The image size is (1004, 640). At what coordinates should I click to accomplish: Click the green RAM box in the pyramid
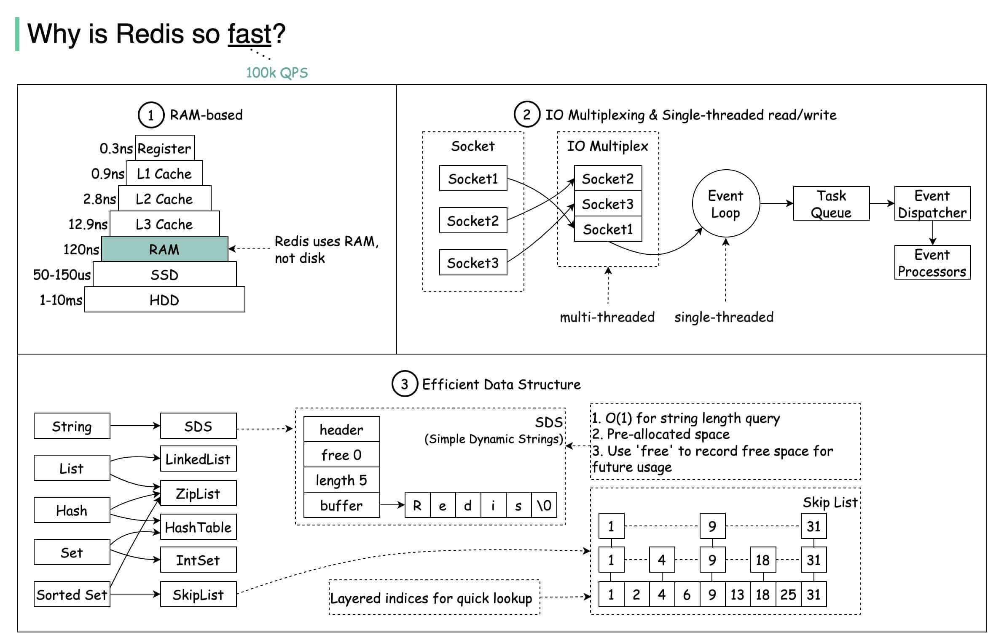click(x=164, y=249)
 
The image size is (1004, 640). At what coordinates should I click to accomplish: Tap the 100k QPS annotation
click(x=277, y=73)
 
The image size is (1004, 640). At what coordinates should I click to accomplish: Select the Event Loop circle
click(x=725, y=204)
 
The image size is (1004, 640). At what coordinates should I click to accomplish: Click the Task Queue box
click(x=831, y=204)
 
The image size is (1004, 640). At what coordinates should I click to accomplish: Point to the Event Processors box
click(x=932, y=263)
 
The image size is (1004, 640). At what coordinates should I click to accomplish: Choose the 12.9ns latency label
click(x=88, y=224)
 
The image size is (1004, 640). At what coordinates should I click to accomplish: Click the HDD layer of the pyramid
click(x=164, y=300)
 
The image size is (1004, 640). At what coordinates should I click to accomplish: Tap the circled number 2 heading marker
click(x=526, y=115)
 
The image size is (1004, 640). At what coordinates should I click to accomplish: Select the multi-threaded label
click(x=607, y=317)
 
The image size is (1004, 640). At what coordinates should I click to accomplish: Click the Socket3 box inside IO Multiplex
click(x=607, y=204)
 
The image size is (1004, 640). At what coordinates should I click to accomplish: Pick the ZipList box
click(x=198, y=493)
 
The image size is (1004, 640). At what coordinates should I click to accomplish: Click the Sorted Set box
click(x=72, y=594)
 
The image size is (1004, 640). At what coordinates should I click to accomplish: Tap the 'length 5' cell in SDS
click(x=341, y=480)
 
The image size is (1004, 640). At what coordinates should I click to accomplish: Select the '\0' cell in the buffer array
click(x=544, y=505)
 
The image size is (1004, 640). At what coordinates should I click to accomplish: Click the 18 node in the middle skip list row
click(x=762, y=560)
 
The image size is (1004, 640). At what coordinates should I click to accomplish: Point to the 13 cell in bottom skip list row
click(x=737, y=594)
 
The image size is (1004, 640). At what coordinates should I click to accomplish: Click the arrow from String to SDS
click(x=135, y=426)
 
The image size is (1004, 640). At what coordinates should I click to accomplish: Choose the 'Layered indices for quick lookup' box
click(x=434, y=597)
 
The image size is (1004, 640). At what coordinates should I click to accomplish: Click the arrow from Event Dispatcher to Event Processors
click(x=932, y=232)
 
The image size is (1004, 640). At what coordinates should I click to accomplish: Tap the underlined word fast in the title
click(x=250, y=34)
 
